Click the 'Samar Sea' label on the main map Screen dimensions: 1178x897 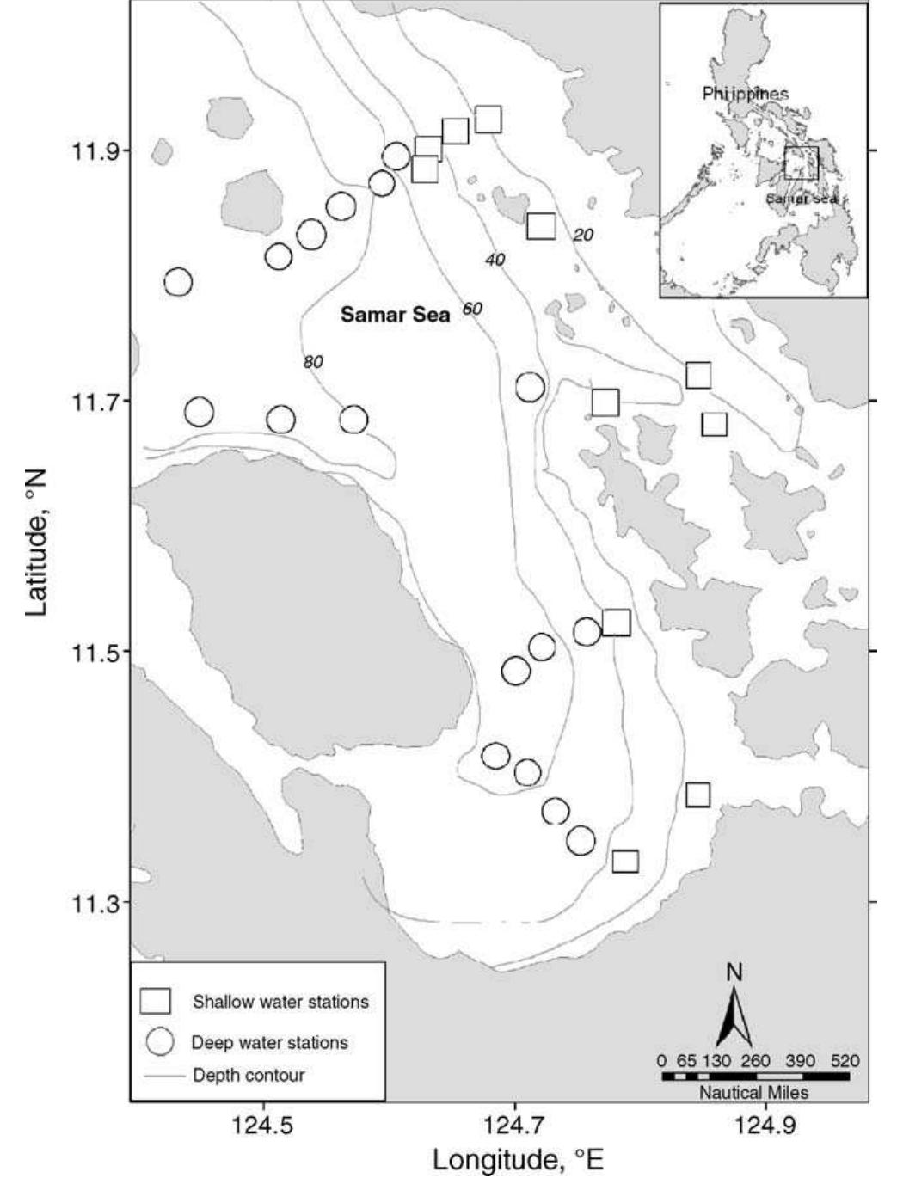(395, 315)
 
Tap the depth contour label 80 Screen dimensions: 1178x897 (313, 362)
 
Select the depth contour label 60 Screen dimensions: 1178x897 (472, 309)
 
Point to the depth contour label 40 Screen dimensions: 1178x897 (495, 260)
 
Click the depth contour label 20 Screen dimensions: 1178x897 (583, 235)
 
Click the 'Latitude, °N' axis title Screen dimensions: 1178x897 (35, 542)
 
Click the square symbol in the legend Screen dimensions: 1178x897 (156, 1002)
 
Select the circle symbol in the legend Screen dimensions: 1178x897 (161, 1042)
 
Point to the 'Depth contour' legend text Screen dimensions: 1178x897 (249, 1075)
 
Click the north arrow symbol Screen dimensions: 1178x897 (734, 1015)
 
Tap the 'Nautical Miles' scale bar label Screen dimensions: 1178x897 (753, 1093)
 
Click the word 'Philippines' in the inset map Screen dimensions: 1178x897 (745, 94)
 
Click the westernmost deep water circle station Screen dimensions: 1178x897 (178, 282)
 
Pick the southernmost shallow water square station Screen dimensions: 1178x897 (625, 861)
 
